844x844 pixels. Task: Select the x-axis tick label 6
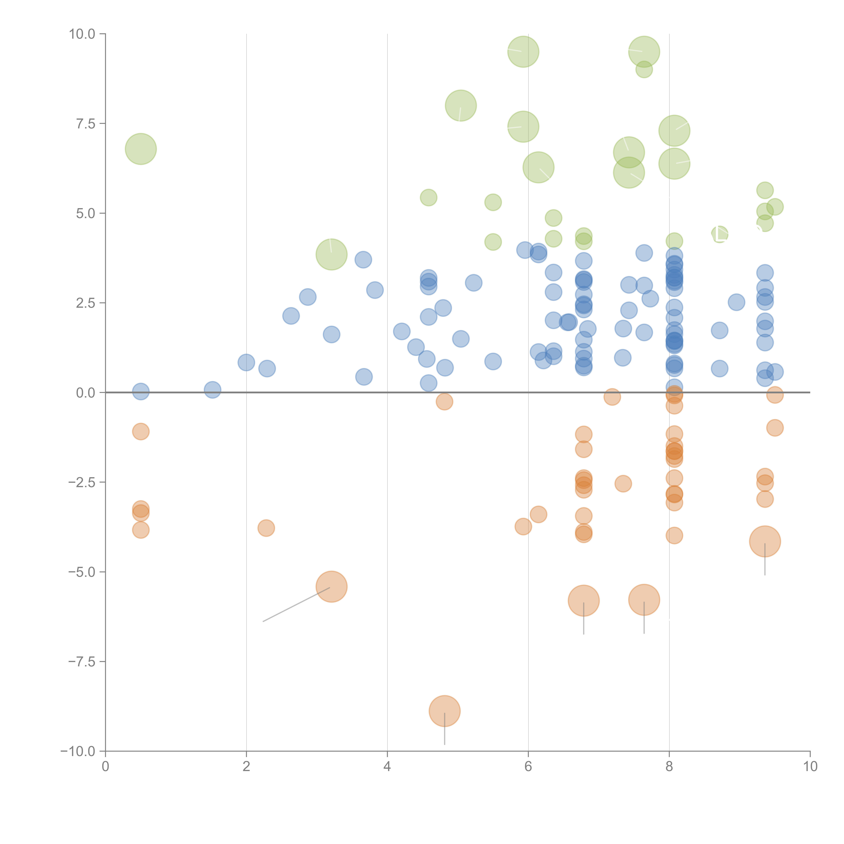528,766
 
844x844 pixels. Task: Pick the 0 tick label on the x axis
105,766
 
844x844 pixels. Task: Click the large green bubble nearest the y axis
141,149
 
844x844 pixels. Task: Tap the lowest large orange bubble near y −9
444,711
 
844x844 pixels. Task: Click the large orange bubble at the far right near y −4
764,541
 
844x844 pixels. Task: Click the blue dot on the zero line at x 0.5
141,391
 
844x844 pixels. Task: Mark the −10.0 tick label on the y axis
78,751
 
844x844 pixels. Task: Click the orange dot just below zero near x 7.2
612,397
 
